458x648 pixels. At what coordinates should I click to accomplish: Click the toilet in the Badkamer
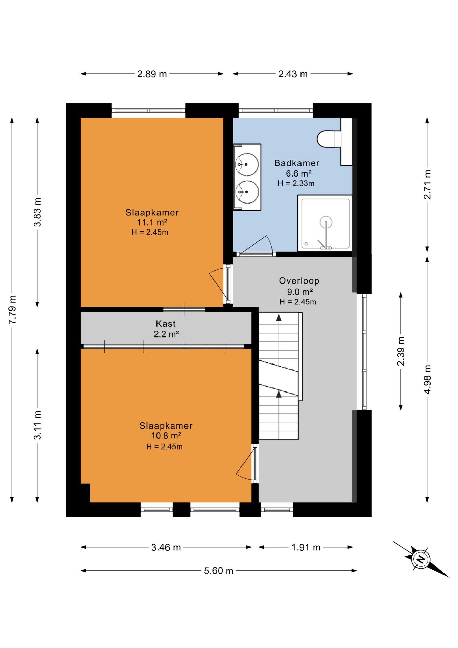pyautogui.click(x=329, y=139)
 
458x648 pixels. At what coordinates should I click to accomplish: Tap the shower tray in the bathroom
pyautogui.click(x=325, y=224)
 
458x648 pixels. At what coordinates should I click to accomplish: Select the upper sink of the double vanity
pyautogui.click(x=247, y=164)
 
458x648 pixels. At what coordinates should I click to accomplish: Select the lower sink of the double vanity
pyautogui.click(x=247, y=192)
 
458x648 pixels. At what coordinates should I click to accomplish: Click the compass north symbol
pyautogui.click(x=420, y=560)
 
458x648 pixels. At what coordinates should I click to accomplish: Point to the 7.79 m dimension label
pyautogui.click(x=12, y=309)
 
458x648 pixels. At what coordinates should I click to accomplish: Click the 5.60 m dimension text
pyautogui.click(x=219, y=571)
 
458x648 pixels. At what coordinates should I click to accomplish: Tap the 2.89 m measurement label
pyautogui.click(x=152, y=74)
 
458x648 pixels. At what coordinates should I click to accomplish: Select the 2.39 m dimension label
pyautogui.click(x=401, y=351)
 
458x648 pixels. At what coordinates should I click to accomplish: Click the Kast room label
pyautogui.click(x=166, y=324)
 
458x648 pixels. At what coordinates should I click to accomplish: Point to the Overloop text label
pyautogui.click(x=299, y=281)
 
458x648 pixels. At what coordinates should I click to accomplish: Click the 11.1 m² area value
pyautogui.click(x=152, y=222)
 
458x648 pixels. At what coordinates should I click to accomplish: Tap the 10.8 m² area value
pyautogui.click(x=166, y=436)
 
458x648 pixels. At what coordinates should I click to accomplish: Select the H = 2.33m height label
pyautogui.click(x=296, y=183)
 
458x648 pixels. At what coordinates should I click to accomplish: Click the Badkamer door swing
pyautogui.click(x=256, y=245)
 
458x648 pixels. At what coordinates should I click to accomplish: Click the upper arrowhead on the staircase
pyautogui.click(x=279, y=317)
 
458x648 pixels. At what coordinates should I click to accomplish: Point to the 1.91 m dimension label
pyautogui.click(x=306, y=547)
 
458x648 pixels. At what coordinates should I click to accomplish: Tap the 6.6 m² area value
pyautogui.click(x=298, y=173)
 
